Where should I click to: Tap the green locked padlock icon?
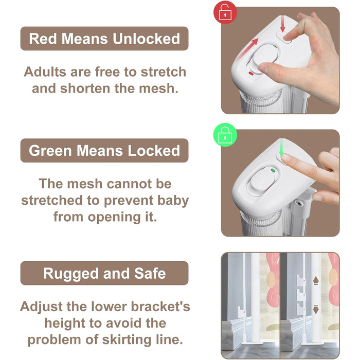(x=225, y=135)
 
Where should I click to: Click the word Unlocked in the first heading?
(x=146, y=39)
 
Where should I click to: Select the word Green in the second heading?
(x=50, y=151)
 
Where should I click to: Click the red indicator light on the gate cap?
(x=251, y=74)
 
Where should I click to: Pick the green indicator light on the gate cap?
(x=273, y=170)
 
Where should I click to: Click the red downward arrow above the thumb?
(x=283, y=24)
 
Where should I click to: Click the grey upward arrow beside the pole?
(x=316, y=280)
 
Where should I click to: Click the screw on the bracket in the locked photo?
(x=298, y=203)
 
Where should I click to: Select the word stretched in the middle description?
(x=52, y=201)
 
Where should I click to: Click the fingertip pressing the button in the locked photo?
(x=285, y=157)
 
